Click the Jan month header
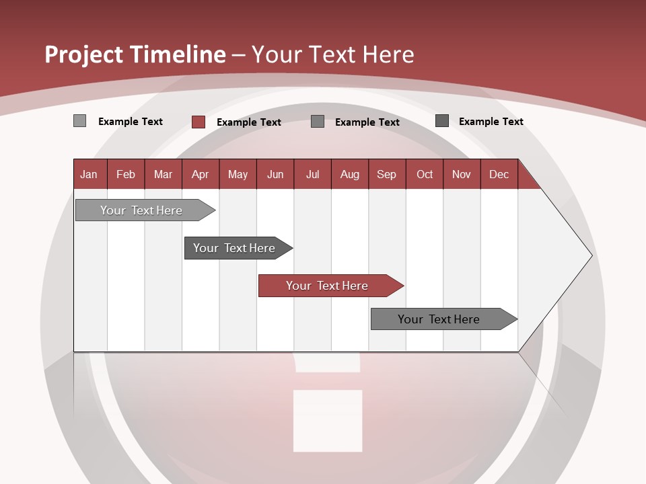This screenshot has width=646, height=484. (89, 174)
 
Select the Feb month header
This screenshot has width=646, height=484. (126, 174)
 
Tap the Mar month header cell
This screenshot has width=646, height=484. (163, 174)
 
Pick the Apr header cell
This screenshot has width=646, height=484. (201, 174)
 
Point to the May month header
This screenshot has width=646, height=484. (238, 174)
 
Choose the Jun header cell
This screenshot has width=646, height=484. (275, 174)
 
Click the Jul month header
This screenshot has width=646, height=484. (312, 174)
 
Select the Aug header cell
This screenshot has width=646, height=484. (350, 174)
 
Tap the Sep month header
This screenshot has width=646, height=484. (387, 174)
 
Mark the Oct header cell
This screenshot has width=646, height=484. (425, 174)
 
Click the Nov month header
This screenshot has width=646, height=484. (462, 174)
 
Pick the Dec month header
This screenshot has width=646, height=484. (499, 174)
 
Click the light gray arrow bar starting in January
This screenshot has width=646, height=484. (141, 210)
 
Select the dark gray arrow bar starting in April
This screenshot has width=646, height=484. (234, 248)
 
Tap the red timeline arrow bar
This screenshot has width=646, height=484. (327, 286)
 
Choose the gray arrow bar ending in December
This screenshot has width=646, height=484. (439, 319)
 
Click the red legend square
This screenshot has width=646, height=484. (199, 122)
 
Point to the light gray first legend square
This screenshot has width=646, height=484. (80, 121)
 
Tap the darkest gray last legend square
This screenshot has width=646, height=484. (442, 121)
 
